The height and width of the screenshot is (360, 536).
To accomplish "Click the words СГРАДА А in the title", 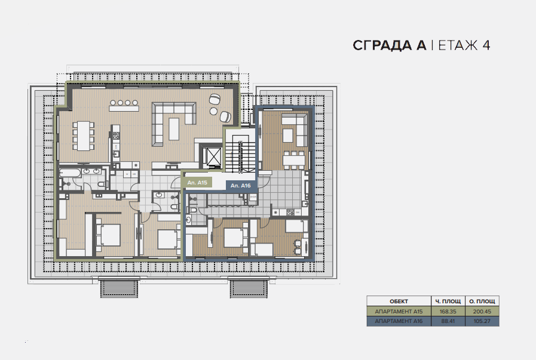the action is tap(390, 45).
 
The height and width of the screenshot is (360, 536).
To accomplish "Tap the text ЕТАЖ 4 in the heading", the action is tap(464, 45).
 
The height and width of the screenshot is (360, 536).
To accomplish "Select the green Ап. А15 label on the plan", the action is tap(197, 183).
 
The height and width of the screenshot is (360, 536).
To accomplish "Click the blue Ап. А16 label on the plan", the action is tap(240, 186).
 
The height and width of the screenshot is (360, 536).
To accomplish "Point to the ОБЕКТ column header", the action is tap(399, 301).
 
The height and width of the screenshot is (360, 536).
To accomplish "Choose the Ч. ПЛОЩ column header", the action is tap(448, 301).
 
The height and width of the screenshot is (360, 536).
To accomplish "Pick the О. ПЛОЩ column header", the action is tap(482, 301).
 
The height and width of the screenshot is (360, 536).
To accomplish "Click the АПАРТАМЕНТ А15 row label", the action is tap(399, 312).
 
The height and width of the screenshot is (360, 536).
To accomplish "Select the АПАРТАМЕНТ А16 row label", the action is tap(399, 321).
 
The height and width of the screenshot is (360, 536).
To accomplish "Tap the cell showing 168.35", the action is tap(448, 312).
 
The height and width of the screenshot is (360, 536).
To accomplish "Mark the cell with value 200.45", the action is tap(482, 312).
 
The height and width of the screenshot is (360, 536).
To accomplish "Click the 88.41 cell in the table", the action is tap(448, 321).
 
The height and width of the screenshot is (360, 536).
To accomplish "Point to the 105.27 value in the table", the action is tap(482, 321).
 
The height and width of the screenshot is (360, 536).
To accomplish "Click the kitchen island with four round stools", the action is tap(124, 106).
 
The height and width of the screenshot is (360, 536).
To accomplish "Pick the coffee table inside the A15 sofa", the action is tap(174, 129).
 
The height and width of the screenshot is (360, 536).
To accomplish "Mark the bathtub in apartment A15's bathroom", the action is tap(70, 173).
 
